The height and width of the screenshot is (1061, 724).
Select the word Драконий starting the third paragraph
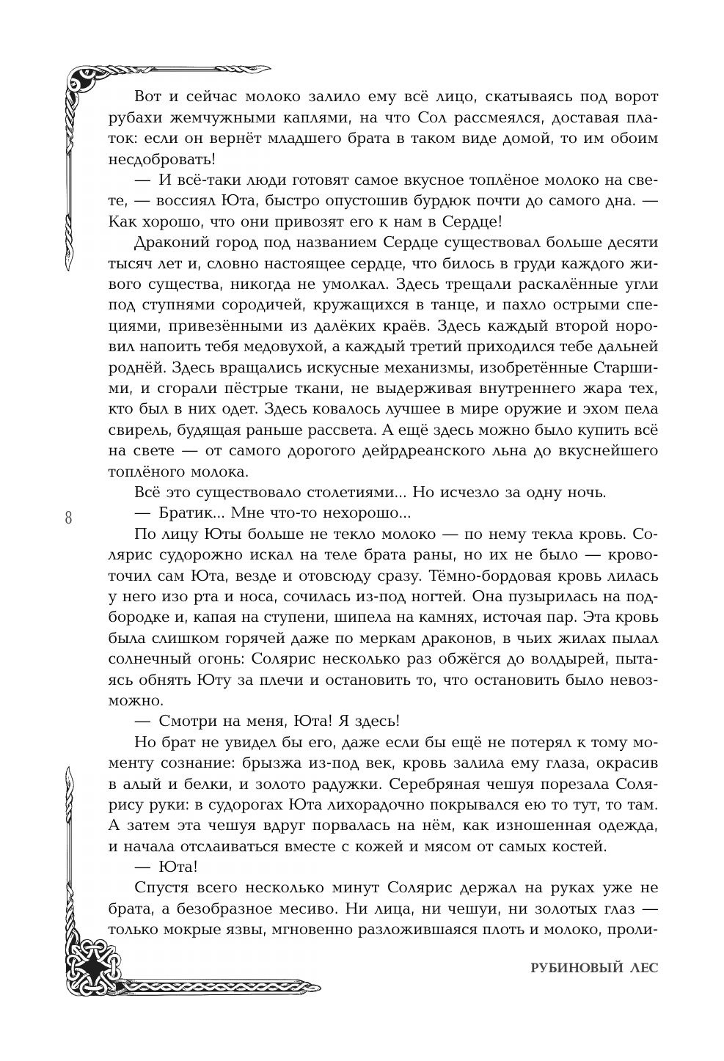point(168,242)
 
